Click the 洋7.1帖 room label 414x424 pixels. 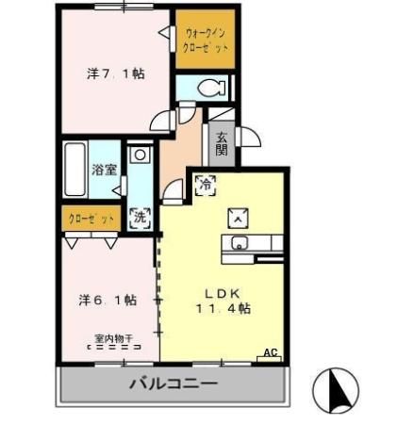click(x=116, y=73)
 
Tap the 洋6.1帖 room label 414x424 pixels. click(x=107, y=300)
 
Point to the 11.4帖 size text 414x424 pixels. click(x=224, y=308)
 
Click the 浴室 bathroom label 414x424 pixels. click(x=105, y=171)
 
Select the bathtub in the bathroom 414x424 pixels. click(x=75, y=171)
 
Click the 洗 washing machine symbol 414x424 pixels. click(x=140, y=216)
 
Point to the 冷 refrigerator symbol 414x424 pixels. click(x=204, y=186)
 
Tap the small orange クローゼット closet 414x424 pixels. click(x=91, y=219)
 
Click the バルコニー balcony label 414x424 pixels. click(x=173, y=383)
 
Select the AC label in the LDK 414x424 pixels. click(x=272, y=353)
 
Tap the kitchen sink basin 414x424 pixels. click(x=238, y=246)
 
